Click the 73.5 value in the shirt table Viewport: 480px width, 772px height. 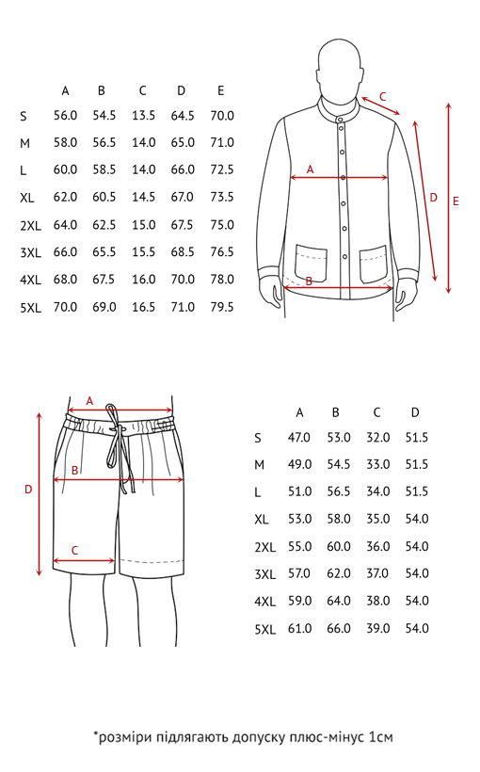point(221,197)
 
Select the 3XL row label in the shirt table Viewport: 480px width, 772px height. point(30,253)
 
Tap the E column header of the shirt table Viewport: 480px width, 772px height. point(220,90)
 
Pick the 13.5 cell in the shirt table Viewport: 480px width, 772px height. point(143,115)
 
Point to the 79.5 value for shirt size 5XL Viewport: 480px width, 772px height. point(221,307)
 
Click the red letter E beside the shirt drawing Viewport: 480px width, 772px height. point(456,201)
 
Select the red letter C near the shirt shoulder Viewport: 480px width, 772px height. point(382,96)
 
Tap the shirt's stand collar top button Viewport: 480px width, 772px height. point(339,119)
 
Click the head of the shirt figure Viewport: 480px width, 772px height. point(338,68)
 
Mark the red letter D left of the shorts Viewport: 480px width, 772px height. point(28,489)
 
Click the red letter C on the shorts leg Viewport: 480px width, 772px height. point(74,550)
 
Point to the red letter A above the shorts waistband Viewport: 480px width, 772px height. point(89,401)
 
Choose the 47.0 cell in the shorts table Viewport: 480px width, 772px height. point(299,438)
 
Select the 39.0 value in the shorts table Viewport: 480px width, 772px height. point(377,629)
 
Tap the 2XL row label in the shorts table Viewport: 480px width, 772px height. point(264,548)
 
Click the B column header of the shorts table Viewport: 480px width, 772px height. point(336,412)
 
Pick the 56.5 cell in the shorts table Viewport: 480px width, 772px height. point(339,491)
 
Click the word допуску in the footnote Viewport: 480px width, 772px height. point(258,737)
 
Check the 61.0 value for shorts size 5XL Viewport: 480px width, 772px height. point(299,629)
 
